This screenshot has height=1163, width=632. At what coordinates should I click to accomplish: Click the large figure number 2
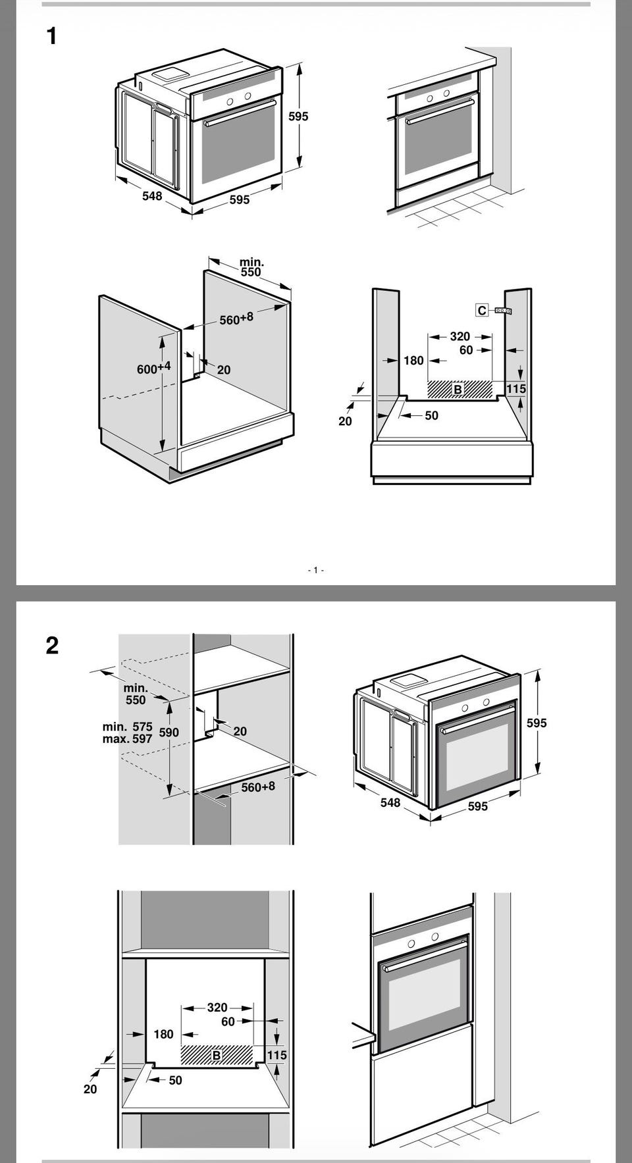pos(52,645)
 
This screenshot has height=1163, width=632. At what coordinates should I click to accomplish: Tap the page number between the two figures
pos(316,570)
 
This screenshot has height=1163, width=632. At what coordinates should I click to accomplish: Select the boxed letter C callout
pos(482,310)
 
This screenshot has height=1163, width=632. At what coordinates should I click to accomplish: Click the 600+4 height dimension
pos(153,368)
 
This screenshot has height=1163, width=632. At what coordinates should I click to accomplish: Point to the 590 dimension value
pos(169,733)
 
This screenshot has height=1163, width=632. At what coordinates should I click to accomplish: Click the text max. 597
pos(127,738)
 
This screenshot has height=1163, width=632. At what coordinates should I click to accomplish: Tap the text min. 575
pos(127,727)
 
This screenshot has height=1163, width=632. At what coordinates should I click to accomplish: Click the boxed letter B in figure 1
pos(458,390)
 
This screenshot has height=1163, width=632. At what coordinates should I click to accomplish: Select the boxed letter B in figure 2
pos(217,1056)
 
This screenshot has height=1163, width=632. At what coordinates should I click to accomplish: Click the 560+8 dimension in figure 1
pos(236,319)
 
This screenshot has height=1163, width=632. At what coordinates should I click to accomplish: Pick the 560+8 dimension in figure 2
pos(257,787)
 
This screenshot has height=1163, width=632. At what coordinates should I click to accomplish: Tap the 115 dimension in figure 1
pos(516,389)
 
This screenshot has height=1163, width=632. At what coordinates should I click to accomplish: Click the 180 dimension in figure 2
pos(163,1034)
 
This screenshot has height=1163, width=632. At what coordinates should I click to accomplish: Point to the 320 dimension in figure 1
pos(460,336)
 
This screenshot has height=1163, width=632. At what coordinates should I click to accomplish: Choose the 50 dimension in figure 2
pos(175,1080)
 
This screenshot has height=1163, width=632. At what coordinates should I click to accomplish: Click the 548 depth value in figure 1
pos(152,196)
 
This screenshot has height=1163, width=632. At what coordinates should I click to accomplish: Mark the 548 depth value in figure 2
pos(390,802)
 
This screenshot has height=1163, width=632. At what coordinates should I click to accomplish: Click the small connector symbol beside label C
pos(503,311)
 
